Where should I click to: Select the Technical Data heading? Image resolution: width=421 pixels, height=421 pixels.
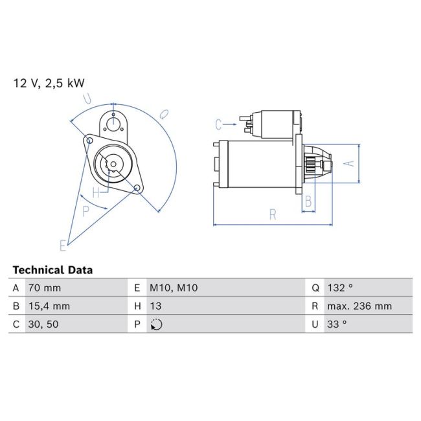click(x=52, y=270)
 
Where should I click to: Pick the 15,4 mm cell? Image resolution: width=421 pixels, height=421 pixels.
click(x=48, y=306)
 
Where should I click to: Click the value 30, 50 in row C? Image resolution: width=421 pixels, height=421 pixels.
click(x=43, y=324)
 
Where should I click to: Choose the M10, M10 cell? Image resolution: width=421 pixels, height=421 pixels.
click(x=174, y=288)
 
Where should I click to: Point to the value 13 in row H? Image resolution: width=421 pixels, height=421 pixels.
click(x=156, y=306)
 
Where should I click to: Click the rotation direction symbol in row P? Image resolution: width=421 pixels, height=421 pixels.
click(x=156, y=324)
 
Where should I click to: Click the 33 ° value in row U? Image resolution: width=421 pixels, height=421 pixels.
click(x=337, y=324)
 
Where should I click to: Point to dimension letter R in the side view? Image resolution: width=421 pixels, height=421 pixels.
click(x=273, y=214)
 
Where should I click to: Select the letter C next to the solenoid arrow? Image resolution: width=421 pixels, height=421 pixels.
click(x=219, y=123)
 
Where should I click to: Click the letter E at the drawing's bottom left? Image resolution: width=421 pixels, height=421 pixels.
click(x=63, y=245)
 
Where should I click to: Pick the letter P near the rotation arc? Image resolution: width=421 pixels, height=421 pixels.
click(x=85, y=209)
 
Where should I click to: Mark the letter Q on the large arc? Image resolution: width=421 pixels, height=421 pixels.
click(x=165, y=114)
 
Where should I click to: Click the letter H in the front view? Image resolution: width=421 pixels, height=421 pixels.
click(x=96, y=192)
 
